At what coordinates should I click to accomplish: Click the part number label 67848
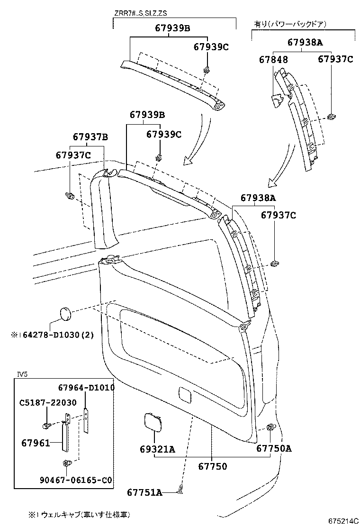point(273,60)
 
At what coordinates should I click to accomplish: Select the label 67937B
point(90,137)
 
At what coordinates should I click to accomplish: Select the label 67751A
point(144,493)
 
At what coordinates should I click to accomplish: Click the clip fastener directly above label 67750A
point(271,428)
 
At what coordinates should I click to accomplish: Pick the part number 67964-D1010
point(86,388)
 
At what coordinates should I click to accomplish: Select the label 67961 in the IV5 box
point(36,443)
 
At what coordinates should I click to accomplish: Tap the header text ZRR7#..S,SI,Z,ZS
point(140,13)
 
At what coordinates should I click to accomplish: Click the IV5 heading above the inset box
point(22,374)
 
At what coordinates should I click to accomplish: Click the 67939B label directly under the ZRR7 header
point(172,28)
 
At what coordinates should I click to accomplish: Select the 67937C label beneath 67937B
point(73,155)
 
